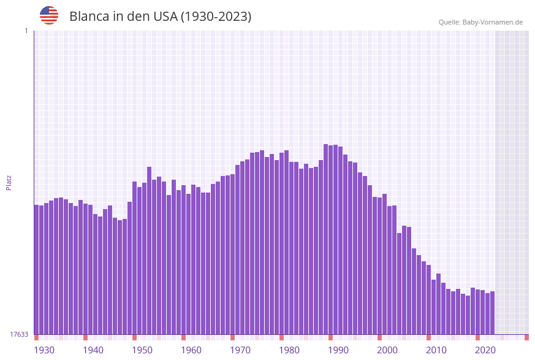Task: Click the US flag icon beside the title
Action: click(49, 15)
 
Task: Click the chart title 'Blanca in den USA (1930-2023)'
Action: click(160, 17)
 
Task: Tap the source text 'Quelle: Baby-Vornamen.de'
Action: click(480, 22)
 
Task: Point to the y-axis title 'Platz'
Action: click(9, 182)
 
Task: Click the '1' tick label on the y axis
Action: click(26, 31)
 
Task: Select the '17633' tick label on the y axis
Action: click(19, 334)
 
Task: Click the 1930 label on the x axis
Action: click(44, 350)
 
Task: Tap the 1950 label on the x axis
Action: click(142, 350)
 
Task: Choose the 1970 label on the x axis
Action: click(240, 350)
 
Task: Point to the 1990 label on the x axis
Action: click(338, 350)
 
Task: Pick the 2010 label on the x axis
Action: click(436, 350)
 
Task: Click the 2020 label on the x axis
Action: click(485, 350)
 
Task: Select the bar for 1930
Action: click(37, 270)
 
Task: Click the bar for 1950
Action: click(135, 258)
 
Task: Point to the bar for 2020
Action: click(478, 312)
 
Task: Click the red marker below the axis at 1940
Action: click(86, 337)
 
